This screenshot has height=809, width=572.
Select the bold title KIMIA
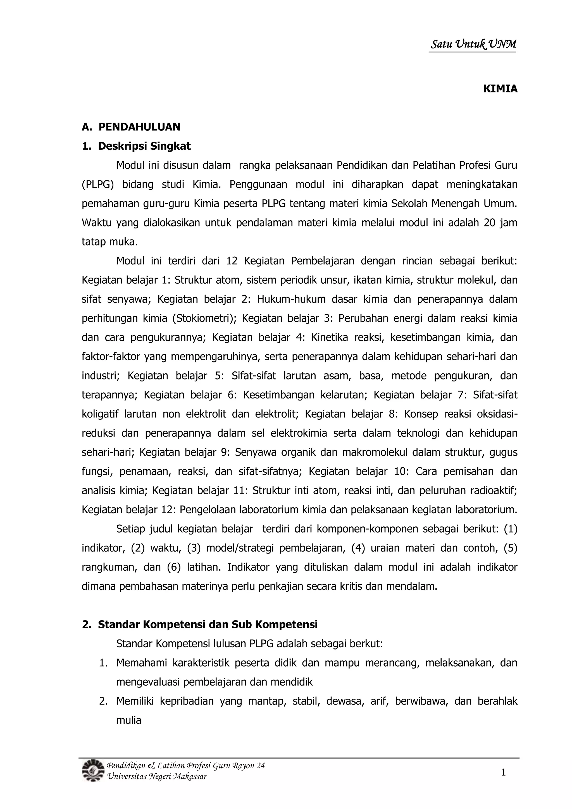(500, 89)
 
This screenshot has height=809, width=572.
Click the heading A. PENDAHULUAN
(131, 127)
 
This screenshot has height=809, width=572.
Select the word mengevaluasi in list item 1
(148, 682)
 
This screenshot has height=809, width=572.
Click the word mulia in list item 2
(129, 720)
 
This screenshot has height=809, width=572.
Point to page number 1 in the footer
(503, 773)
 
